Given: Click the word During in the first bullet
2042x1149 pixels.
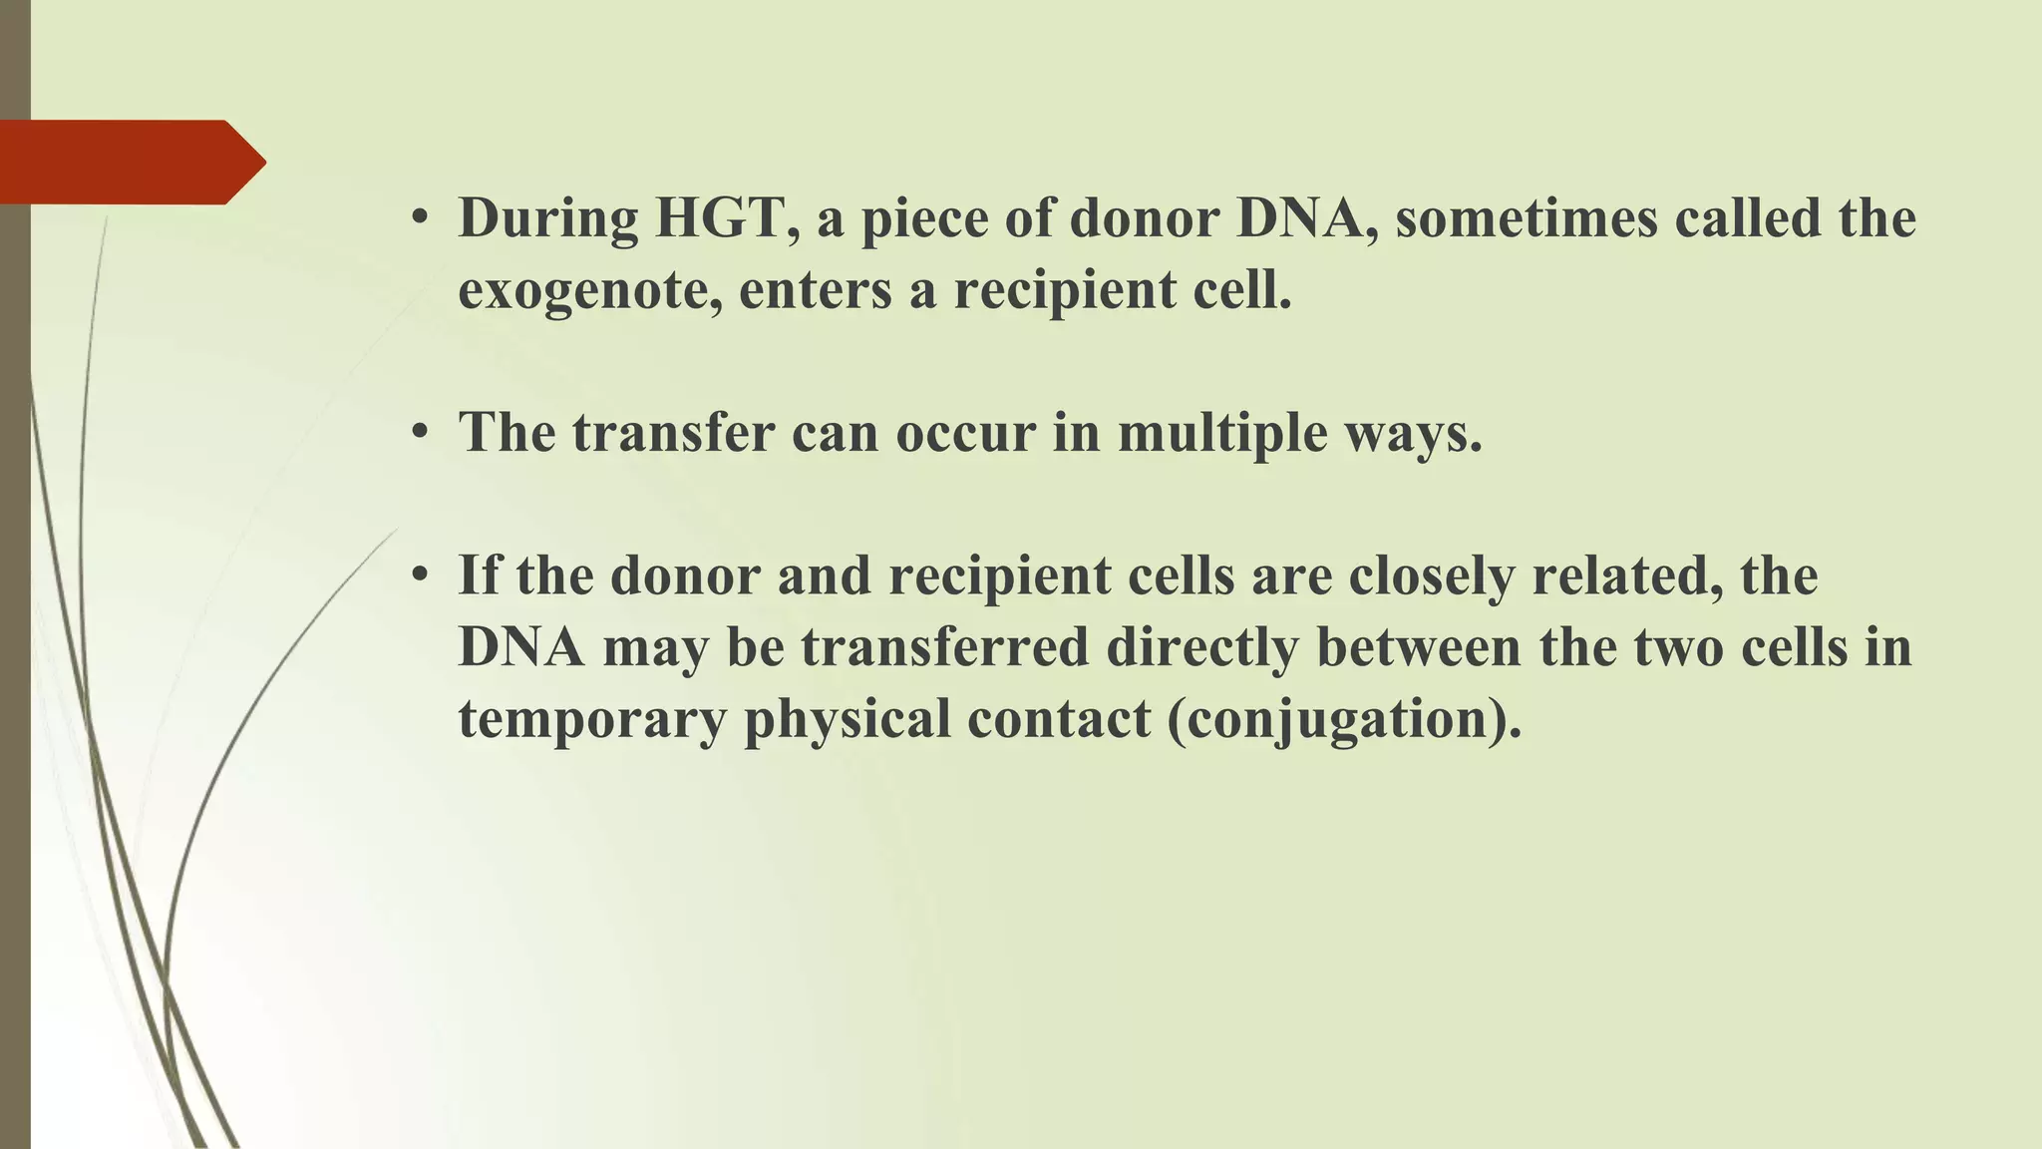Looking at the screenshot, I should click(x=547, y=217).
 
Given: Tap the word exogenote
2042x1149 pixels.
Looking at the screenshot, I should click(x=590, y=290).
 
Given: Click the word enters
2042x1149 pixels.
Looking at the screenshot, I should click(x=815, y=290).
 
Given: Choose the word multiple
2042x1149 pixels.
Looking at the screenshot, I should click(x=1221, y=433).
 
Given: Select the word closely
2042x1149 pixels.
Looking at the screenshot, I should click(x=1431, y=575).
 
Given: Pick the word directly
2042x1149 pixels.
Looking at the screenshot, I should click(x=1201, y=647).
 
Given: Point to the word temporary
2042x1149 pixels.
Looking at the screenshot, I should click(x=592, y=719).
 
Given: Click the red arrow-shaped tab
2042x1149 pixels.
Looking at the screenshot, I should click(x=130, y=162).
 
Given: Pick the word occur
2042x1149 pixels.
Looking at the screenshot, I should click(x=964, y=433).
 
